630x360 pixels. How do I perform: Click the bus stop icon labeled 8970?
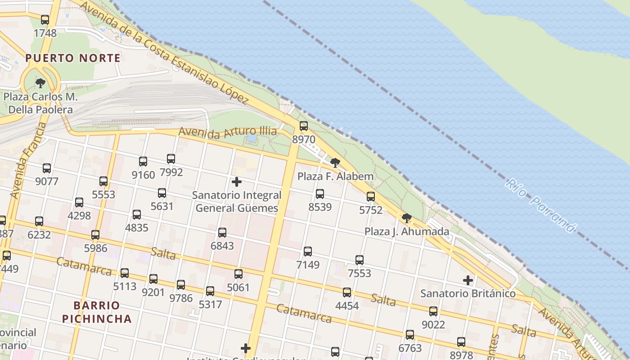(304, 126)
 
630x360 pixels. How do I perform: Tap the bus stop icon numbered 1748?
(45, 20)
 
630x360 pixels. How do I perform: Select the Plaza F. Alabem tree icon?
(335, 163)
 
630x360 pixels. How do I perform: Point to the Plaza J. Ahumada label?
(406, 232)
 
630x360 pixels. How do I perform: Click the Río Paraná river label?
(540, 205)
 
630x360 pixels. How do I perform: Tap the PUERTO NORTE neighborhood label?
(73, 58)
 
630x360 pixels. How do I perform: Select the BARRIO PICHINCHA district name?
(97, 312)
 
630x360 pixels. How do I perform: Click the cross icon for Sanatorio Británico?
(468, 280)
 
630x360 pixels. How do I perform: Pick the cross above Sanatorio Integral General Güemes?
(236, 182)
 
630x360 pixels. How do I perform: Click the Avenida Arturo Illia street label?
(228, 132)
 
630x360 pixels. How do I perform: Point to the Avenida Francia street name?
(28, 161)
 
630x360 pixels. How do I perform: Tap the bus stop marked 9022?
(433, 311)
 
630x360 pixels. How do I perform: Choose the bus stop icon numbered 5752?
(370, 197)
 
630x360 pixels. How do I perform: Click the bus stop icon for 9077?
(47, 168)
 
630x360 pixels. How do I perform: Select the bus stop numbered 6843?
(222, 233)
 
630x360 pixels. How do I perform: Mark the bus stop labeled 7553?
(359, 260)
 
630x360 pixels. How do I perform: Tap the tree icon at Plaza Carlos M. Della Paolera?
(40, 83)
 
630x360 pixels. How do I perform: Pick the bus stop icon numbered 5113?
(125, 273)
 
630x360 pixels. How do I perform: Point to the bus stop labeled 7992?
(171, 159)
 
